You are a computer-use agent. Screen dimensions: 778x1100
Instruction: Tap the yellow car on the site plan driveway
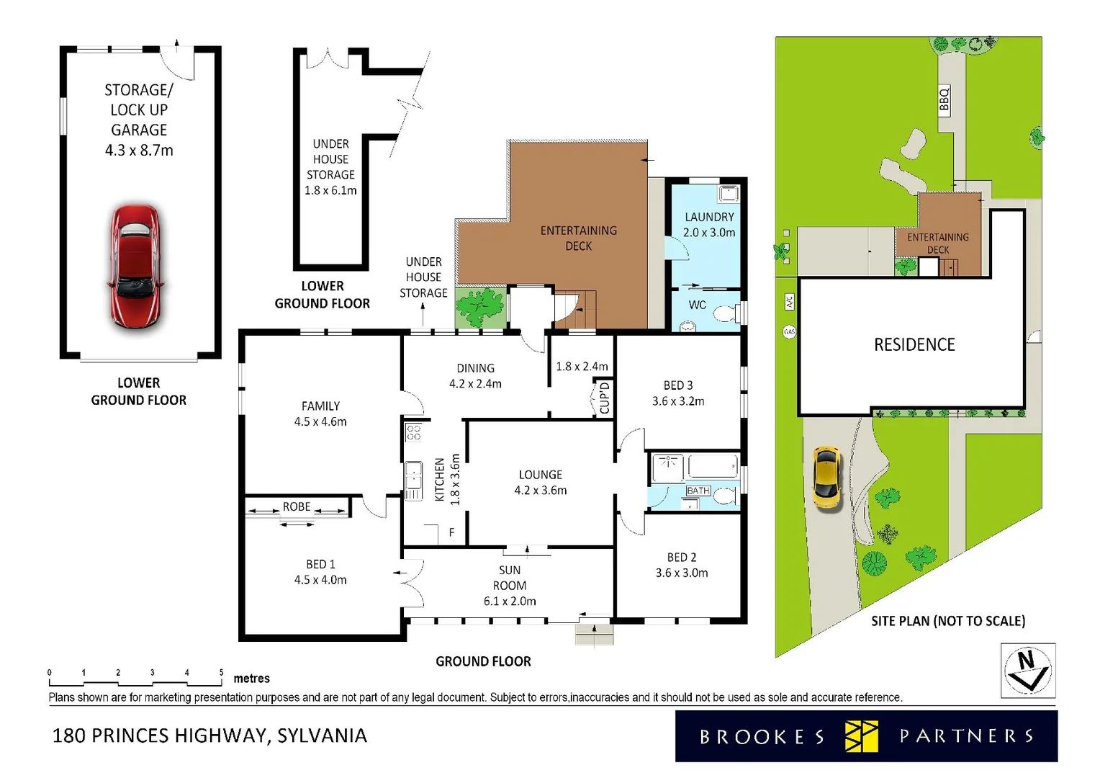[x=826, y=478]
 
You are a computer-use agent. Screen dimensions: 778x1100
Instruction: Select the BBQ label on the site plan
[x=944, y=99]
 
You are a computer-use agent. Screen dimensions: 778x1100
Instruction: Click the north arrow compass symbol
[x=1028, y=670]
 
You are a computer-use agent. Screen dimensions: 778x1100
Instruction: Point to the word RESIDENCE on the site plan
[x=914, y=345]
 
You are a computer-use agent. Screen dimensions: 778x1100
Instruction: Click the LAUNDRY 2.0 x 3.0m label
[x=709, y=225]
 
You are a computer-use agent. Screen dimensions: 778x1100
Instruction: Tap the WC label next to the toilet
[x=697, y=305]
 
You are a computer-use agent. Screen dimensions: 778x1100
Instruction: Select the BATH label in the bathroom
[x=698, y=491]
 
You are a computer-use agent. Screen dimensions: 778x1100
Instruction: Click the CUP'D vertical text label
[x=604, y=398]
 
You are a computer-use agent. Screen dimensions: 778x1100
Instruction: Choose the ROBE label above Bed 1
[x=297, y=507]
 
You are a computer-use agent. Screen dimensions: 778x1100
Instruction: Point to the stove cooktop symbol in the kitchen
[x=413, y=432]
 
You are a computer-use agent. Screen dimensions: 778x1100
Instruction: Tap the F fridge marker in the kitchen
[x=451, y=532]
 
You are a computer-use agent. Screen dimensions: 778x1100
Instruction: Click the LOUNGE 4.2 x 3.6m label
[x=541, y=483]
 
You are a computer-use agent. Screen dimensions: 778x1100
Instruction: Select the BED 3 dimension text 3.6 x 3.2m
[x=678, y=401]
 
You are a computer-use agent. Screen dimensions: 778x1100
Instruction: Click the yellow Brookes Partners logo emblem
[x=861, y=736]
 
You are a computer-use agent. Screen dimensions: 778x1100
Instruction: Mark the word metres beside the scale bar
[x=251, y=679]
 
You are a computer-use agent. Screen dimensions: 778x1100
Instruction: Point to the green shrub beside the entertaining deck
[x=480, y=306]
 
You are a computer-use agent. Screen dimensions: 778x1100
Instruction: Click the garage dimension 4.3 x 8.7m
[x=139, y=151]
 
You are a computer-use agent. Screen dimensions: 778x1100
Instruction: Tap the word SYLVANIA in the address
[x=322, y=735]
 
